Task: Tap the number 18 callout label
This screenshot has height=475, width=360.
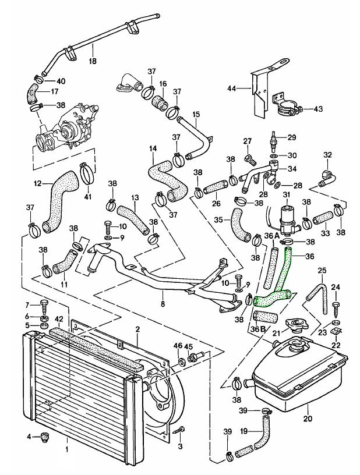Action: coord(93,61)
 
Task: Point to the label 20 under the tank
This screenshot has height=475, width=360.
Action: coord(308,419)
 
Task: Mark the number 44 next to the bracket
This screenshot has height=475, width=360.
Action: coord(231,88)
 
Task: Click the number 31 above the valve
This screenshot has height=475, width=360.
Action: coord(287,194)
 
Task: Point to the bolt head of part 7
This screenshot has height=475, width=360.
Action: coord(44,304)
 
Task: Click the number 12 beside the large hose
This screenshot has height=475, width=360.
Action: coord(37,183)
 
